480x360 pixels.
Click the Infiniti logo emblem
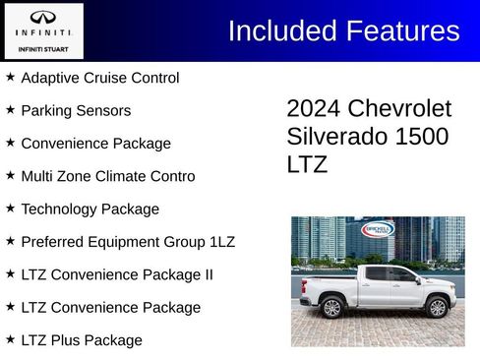point(41,17)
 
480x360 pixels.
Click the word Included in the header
point(283,30)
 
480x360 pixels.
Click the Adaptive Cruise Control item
point(99,78)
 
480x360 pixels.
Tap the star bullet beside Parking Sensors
point(10,110)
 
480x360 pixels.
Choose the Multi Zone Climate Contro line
point(107,176)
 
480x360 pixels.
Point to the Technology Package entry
point(90,209)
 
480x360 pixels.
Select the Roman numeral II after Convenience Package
point(207,274)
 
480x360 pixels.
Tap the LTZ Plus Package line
point(82,340)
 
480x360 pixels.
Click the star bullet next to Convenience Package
point(10,143)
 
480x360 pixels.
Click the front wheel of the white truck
point(437,308)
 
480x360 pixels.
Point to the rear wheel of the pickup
point(331,308)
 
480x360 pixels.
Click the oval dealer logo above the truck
point(378,230)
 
